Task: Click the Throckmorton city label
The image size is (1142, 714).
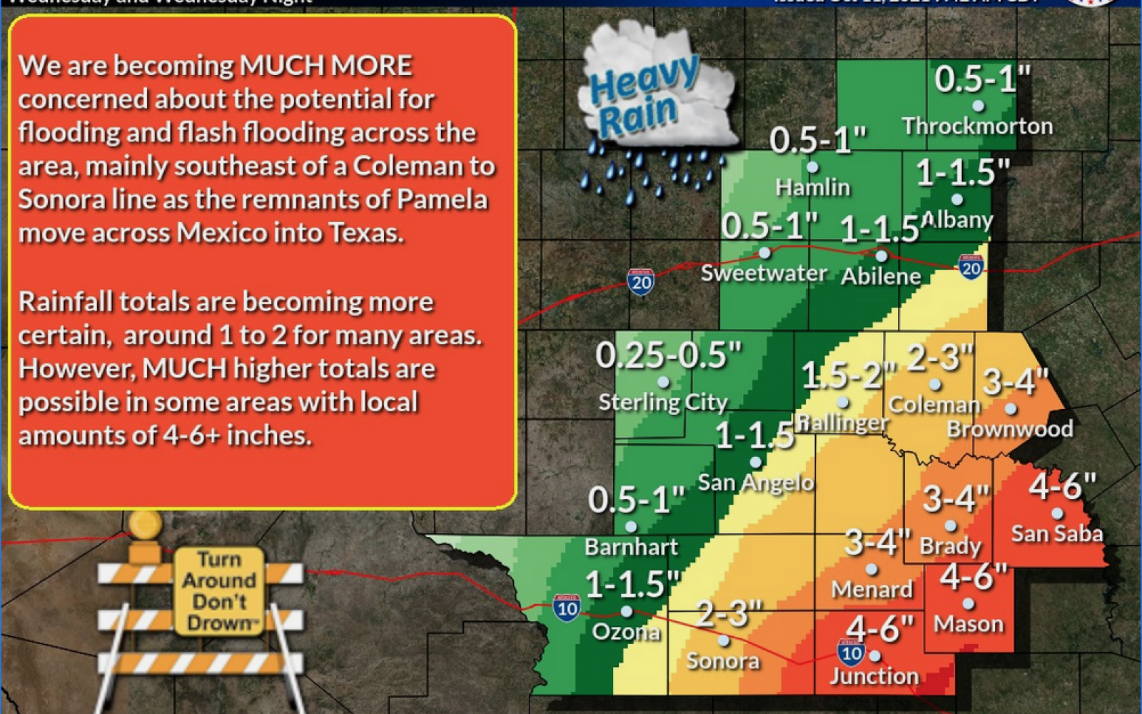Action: (x=977, y=126)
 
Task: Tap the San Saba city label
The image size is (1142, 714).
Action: (x=1057, y=533)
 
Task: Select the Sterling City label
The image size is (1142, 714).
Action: (x=663, y=403)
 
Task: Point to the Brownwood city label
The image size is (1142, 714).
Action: (x=1010, y=428)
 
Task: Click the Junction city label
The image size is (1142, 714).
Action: (x=874, y=675)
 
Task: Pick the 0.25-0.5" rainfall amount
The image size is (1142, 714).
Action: (x=669, y=355)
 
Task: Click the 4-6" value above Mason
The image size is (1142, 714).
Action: (x=974, y=576)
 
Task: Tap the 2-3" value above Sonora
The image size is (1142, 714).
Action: (x=729, y=613)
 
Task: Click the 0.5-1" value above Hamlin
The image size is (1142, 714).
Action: (x=818, y=140)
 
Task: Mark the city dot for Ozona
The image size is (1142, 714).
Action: (x=627, y=612)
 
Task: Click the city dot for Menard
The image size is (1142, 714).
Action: (x=871, y=570)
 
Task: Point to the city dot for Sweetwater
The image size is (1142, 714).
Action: (x=764, y=253)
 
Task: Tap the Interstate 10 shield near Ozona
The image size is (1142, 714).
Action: (x=567, y=608)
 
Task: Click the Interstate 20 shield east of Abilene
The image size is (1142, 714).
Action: (x=971, y=267)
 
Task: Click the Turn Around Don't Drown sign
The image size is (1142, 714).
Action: (x=220, y=590)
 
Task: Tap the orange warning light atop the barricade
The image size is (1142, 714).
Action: (x=146, y=525)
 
